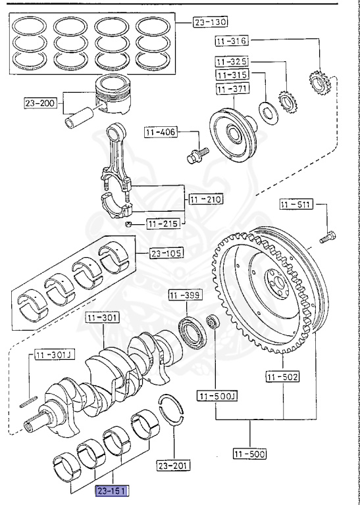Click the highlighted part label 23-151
point(112,491)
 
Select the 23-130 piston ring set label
point(210,22)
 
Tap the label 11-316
point(232,41)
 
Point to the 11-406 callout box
point(161,132)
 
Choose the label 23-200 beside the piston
point(40,103)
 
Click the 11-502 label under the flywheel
point(282,377)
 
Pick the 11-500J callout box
point(217,396)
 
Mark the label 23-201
point(174,466)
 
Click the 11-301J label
point(55,355)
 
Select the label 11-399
point(186,295)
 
